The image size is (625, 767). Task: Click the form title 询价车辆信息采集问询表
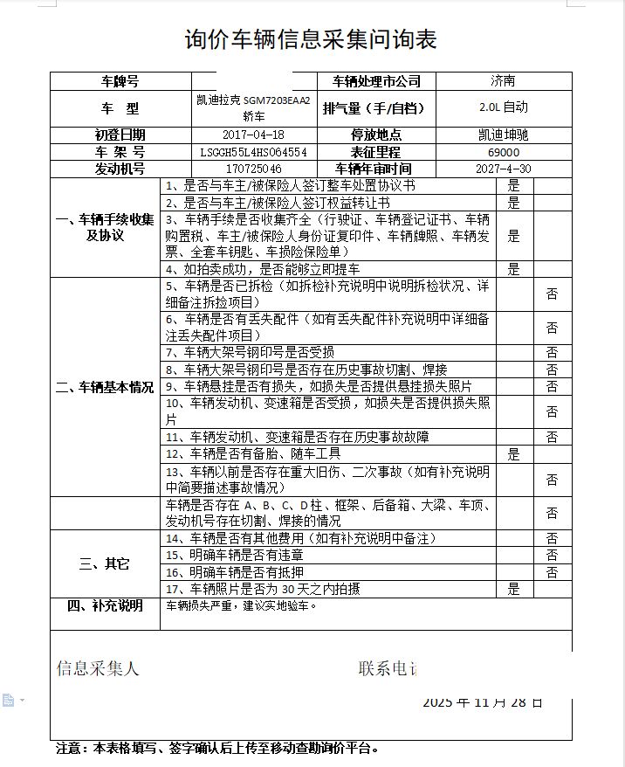[x=312, y=39]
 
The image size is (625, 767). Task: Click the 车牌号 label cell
[x=120, y=81]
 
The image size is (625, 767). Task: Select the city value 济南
[x=503, y=81]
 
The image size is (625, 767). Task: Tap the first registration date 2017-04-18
[x=253, y=135]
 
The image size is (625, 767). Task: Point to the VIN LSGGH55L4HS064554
[x=253, y=152]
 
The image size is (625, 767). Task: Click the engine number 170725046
[x=253, y=169]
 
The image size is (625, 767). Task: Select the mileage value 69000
[x=504, y=152]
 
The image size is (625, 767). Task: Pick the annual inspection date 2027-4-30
[x=504, y=169]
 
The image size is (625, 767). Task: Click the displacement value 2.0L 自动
[x=504, y=107]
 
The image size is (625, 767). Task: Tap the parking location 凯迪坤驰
[x=504, y=135]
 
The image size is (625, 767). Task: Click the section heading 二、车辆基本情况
[x=105, y=387]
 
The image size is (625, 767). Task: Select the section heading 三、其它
[x=105, y=563]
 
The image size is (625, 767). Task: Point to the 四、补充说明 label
[x=105, y=605]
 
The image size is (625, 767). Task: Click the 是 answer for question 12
[x=514, y=454]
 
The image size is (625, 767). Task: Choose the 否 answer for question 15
[x=552, y=556]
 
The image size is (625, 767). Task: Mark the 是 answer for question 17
[x=514, y=589]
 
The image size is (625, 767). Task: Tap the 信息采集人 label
[x=98, y=668]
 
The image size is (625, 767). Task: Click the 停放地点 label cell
[x=375, y=135]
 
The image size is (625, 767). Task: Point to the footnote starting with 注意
[x=217, y=748]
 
